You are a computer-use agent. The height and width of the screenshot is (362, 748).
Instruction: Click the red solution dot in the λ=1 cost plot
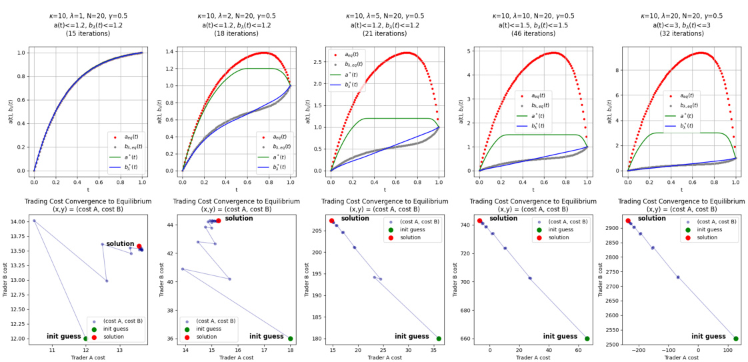139,246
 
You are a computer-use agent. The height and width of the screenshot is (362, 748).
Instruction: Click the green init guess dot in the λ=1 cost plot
86,339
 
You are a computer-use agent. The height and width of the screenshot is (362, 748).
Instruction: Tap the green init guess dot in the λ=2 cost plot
290,339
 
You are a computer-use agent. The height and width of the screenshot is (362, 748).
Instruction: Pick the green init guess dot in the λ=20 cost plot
736,339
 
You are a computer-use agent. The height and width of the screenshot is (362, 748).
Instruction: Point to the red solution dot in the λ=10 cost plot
479,221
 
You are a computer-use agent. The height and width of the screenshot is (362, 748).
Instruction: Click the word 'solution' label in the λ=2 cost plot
239,219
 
